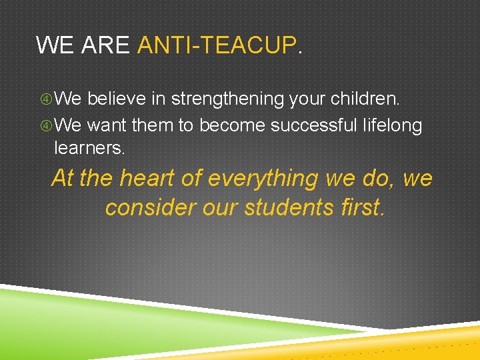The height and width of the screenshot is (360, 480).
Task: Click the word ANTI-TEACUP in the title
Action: point(216,45)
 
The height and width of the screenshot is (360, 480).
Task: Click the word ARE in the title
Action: point(105,45)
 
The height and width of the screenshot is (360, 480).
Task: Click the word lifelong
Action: point(393,125)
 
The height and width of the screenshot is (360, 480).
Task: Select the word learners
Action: point(89,148)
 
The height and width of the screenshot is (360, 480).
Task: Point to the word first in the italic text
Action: point(361,207)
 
